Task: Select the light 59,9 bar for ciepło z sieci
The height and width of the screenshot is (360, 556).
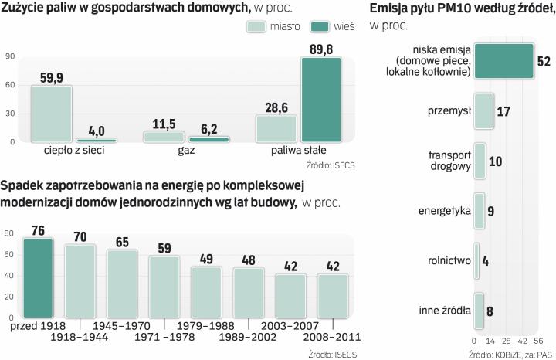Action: coord(51,114)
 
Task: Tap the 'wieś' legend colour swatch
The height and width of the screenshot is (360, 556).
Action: coord(320,26)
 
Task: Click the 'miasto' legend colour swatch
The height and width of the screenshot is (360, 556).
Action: coord(256,26)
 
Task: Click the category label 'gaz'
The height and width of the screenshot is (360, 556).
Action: coord(188,151)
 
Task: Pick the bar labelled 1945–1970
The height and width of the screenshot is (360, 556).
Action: coord(122,284)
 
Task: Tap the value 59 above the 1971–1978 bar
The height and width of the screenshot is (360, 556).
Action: coord(164,249)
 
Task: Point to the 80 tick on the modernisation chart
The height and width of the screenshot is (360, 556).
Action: coord(9,233)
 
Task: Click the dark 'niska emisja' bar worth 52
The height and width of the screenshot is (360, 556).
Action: coord(503,61)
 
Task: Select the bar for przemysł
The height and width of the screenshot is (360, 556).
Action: coord(483,111)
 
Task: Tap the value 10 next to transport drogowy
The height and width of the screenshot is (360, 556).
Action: coord(497,161)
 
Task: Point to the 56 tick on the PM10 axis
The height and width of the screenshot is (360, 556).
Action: coord(538,341)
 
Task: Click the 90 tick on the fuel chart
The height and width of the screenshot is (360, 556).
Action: coord(9,56)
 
